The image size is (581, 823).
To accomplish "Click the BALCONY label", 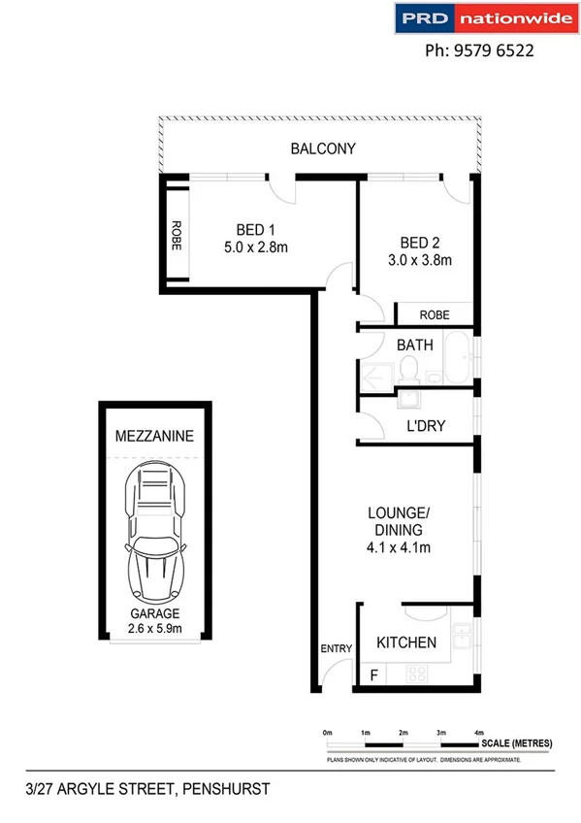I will click(x=323, y=149).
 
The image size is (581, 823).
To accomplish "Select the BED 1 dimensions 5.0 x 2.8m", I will click(x=256, y=247).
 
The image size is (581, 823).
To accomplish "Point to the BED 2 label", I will click(x=420, y=242).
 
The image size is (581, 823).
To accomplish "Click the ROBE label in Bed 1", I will click(x=177, y=237).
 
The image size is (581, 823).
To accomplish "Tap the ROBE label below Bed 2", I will click(x=434, y=314).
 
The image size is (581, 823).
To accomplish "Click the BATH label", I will click(x=414, y=345).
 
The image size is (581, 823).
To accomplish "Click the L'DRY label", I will click(x=424, y=425).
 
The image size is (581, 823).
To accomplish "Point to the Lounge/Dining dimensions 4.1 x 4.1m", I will click(x=399, y=548).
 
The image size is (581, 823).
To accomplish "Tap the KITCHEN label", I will click(x=405, y=642).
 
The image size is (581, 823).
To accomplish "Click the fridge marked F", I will click(x=371, y=673).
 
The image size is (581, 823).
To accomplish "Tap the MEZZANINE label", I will click(x=153, y=437).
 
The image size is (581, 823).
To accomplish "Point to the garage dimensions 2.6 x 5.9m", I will click(x=154, y=628).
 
